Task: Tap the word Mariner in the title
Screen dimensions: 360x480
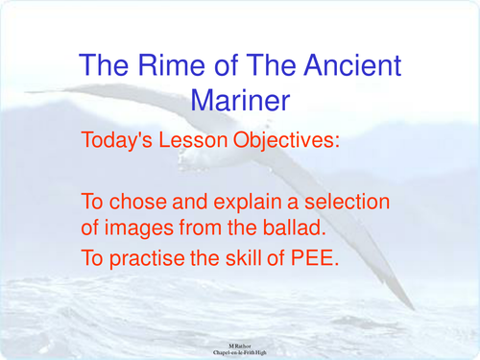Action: pyautogui.click(x=240, y=98)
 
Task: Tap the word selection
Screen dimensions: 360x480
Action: pyautogui.click(x=349, y=203)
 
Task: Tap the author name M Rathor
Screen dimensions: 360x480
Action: pyautogui.click(x=241, y=343)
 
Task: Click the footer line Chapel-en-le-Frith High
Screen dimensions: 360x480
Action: pyautogui.click(x=241, y=351)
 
